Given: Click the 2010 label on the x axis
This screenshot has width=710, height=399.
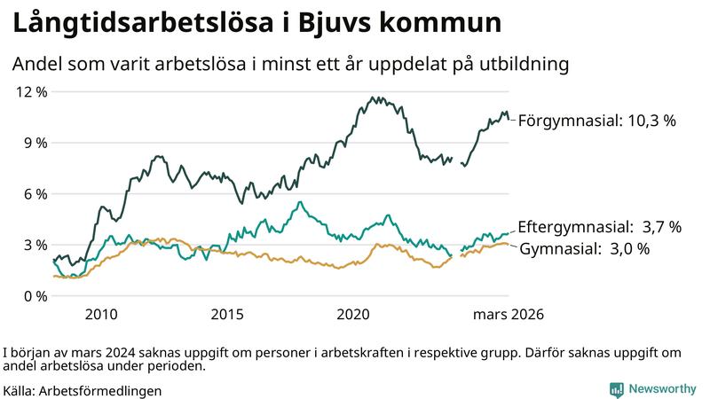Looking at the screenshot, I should click(x=101, y=315).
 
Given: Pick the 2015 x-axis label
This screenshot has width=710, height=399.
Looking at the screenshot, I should click(x=227, y=315).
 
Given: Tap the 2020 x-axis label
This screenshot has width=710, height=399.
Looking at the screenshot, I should click(x=353, y=315).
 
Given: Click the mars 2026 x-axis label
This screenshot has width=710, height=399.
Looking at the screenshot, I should click(x=508, y=315).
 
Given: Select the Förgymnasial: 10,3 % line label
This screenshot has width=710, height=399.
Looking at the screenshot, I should click(x=596, y=120).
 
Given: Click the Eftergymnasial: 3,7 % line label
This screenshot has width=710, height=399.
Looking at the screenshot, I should click(x=599, y=227).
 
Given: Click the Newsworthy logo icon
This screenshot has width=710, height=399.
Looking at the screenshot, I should click(x=616, y=389).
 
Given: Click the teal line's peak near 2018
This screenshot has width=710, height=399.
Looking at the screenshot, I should click(x=300, y=203).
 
